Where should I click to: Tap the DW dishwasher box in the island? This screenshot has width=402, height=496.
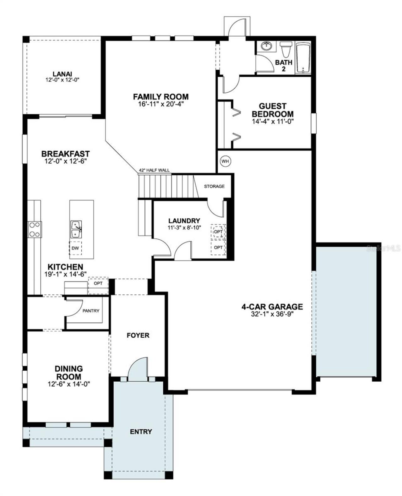coord(75,248)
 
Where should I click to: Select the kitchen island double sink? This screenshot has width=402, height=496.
coord(76,230)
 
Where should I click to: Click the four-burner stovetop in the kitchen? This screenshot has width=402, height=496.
coord(35,230)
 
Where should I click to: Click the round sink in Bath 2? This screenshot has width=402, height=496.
coord(267,46)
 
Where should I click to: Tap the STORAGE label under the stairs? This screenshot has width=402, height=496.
coord(214,186)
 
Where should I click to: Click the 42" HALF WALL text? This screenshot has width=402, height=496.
coord(154,170)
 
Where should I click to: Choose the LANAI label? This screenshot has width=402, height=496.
coord(62,74)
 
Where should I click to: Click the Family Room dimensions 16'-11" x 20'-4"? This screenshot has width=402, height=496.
coord(160,104)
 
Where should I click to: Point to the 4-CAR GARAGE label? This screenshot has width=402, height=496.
coord(272,307)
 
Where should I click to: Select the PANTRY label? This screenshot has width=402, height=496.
coord(91,311)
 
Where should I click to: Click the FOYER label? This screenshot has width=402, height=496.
coord(138,335)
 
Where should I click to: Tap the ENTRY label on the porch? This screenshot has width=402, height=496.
coord(141,432)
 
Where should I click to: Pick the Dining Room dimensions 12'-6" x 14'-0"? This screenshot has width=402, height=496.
coord(69,384)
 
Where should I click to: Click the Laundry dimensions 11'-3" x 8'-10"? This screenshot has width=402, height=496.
coord(184,227)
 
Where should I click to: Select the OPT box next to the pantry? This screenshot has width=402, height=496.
coord(98,283)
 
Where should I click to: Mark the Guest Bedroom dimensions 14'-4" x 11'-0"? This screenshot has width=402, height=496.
coord(272,121)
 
